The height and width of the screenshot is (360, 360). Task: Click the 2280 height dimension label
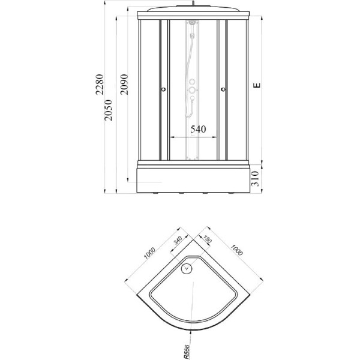(x=100, y=84)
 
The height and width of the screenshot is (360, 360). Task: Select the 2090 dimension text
(x=124, y=84)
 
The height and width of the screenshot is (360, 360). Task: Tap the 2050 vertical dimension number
(x=108, y=110)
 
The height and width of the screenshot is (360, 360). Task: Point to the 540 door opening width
(x=199, y=129)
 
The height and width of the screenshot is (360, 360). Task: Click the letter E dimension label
(x=257, y=85)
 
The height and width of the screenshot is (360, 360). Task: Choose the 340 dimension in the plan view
(x=178, y=241)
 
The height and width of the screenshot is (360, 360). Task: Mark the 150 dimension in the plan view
(x=207, y=239)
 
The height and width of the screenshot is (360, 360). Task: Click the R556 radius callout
(x=187, y=352)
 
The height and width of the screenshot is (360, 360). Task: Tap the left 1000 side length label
(x=149, y=253)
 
